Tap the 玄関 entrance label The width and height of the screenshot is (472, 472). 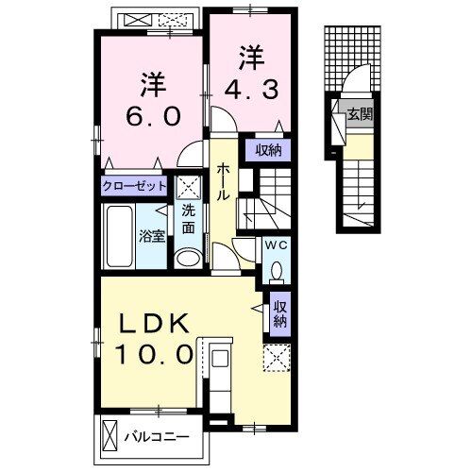coord(359,115)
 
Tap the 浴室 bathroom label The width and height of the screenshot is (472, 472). coord(152,235)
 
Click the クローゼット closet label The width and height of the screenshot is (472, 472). coord(135,186)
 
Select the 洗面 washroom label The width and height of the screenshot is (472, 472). coord(189,220)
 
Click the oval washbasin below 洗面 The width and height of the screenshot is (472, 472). coord(189,259)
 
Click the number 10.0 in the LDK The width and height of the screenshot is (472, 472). coord(156,356)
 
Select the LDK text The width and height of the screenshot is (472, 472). coord(156,323)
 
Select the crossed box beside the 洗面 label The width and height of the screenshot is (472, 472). coord(189,186)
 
